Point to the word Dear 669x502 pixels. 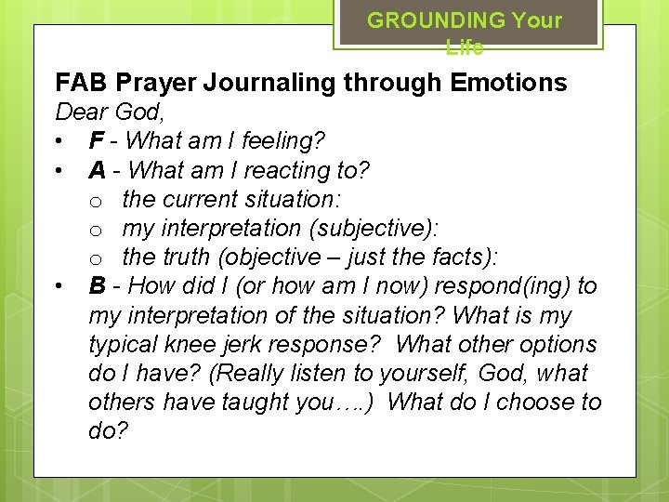[81, 112]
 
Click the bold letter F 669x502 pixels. [96, 141]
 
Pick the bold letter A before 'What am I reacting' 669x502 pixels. [97, 170]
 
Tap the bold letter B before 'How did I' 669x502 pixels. [97, 285]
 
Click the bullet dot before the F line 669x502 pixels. [59, 142]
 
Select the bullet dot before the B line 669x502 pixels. [59, 286]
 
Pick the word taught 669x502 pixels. [265, 402]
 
